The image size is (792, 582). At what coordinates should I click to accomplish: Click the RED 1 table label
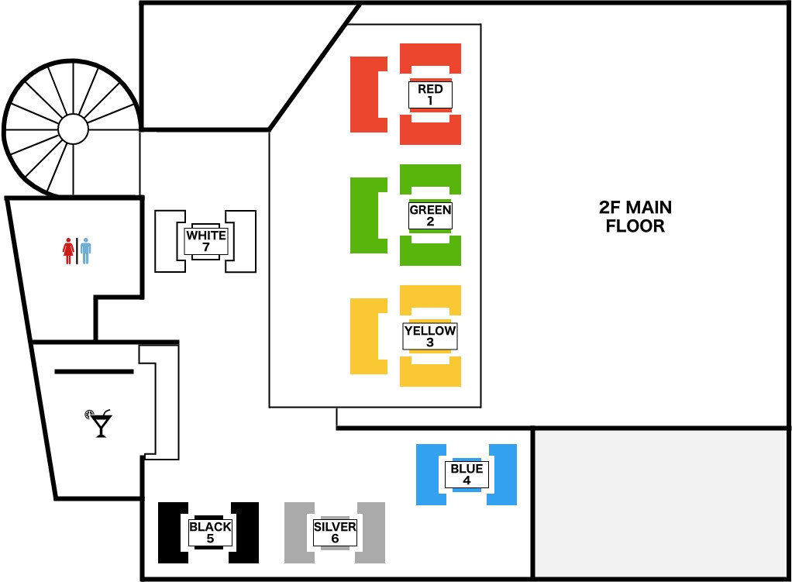430,95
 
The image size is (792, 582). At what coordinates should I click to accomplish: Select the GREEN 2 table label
430,215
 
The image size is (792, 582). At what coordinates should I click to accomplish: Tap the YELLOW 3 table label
430,336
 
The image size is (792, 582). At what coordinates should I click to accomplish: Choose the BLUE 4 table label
467,474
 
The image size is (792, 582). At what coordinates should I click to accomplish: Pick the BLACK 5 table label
210,532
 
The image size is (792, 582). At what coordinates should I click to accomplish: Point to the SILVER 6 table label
335,532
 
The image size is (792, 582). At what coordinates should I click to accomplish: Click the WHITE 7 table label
206,241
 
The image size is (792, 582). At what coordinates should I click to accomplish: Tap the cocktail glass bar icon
100,423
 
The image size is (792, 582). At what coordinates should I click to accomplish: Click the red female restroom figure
68,250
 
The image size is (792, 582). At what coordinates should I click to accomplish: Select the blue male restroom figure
85,250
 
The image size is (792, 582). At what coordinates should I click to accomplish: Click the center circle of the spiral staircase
74,129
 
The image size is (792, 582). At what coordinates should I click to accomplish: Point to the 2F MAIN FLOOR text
635,217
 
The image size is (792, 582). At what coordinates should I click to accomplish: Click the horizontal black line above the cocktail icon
94,372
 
